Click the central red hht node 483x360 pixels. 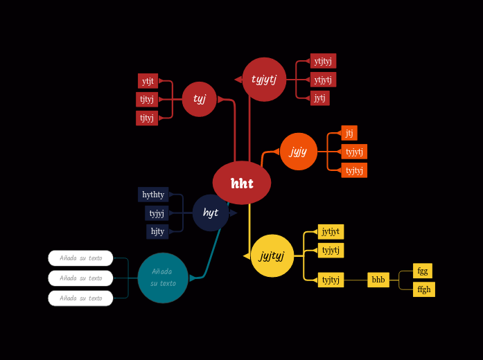242,183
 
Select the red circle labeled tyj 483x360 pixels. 200,99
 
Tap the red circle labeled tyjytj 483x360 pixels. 264,80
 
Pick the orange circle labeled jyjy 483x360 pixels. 299,152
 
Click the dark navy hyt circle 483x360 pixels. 211,213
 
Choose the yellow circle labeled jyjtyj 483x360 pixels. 272,256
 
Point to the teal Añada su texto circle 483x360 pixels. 163,278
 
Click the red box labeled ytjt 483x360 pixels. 148,81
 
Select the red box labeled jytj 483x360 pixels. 319,98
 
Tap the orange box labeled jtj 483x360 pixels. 349,133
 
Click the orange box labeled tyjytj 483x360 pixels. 354,152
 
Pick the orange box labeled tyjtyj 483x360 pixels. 354,170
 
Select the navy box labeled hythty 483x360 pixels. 153,195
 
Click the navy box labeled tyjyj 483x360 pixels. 157,213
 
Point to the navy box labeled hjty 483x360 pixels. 157,231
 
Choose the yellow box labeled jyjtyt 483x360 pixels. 331,232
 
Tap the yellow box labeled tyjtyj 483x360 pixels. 331,280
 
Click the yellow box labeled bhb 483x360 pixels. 378,280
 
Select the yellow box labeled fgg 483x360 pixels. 423,271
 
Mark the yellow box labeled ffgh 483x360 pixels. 424,289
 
